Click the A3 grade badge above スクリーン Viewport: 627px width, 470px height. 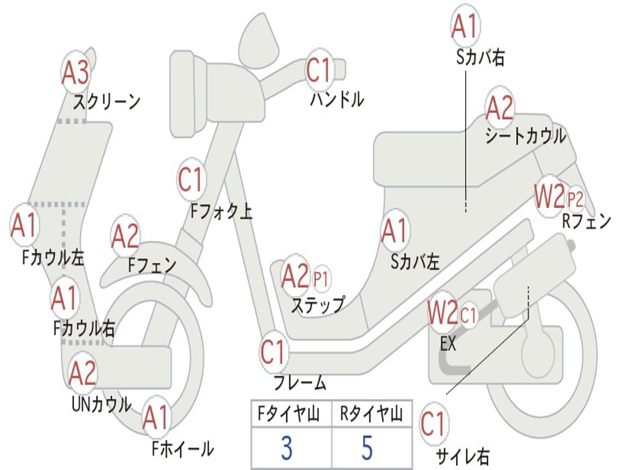(76, 73)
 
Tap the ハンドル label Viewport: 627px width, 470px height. (337, 99)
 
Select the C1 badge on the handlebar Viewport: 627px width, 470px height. (318, 71)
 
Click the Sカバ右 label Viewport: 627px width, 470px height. (481, 58)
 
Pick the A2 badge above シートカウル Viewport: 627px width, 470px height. (500, 108)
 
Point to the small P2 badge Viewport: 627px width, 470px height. (575, 199)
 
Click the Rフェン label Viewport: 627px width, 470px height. (586, 222)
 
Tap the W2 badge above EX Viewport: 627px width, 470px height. (443, 313)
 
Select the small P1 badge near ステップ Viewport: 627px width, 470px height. (321, 279)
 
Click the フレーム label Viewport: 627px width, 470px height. (300, 384)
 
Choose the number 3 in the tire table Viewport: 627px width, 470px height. (286, 448)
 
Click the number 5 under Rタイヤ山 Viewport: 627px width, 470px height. (367, 448)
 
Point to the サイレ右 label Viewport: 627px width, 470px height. (462, 456)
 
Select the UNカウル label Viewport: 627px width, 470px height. (102, 404)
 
